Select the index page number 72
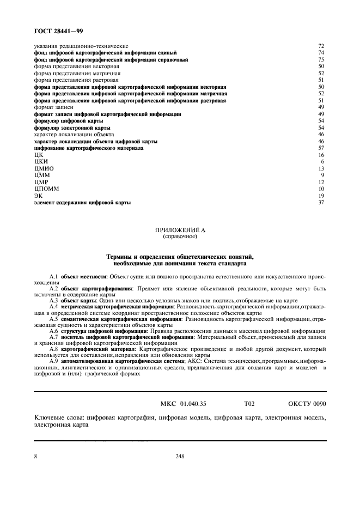(x=321, y=46)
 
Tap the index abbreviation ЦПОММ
(x=44, y=189)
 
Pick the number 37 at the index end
(x=321, y=202)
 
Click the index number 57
(x=321, y=148)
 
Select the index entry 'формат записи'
(x=53, y=107)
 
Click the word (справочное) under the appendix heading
(x=180, y=237)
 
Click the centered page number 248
(x=180, y=457)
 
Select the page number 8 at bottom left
(x=36, y=457)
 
